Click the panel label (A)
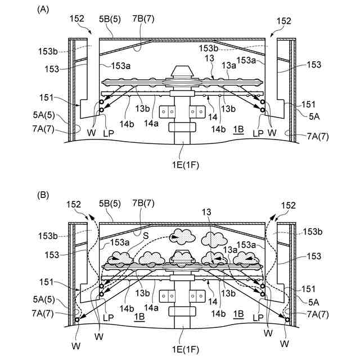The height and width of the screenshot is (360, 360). point(43,10)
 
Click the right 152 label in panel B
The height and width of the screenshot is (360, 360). point(288,206)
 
